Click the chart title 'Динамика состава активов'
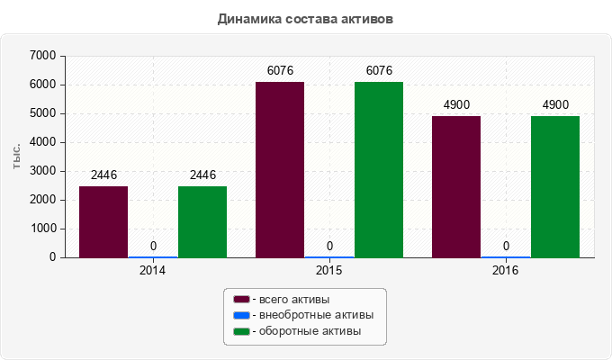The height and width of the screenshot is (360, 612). [305, 18]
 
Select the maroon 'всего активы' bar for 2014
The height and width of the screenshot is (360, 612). [103, 221]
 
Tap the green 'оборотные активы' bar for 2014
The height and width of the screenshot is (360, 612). [202, 221]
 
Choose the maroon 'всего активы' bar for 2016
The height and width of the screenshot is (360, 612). [456, 186]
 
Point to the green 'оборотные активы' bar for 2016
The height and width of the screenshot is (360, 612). [555, 186]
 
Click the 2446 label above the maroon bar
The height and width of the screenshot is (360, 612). [103, 175]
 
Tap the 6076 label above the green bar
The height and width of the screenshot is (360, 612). [379, 71]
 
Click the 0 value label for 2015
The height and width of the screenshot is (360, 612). [329, 246]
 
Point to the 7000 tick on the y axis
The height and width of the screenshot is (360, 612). [43, 56]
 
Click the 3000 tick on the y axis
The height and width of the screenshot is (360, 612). [43, 171]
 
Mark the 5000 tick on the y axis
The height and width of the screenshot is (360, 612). [43, 113]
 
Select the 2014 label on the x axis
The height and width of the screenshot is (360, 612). [153, 270]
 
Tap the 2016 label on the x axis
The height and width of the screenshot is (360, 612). [506, 270]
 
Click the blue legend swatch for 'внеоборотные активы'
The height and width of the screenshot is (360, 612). [241, 315]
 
